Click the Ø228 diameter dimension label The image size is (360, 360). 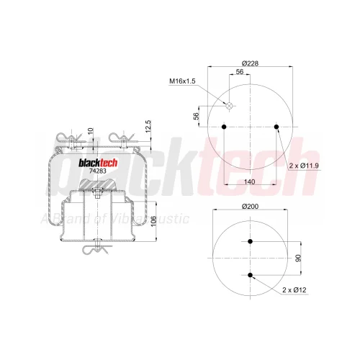pyautogui.click(x=250, y=63)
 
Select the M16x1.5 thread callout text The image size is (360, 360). pyautogui.click(x=182, y=81)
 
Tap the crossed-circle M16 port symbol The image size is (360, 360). pyautogui.click(x=229, y=105)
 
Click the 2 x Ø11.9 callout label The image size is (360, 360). pyautogui.click(x=304, y=166)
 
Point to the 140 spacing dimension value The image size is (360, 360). pyautogui.click(x=250, y=181)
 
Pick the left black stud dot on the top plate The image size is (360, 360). pyautogui.click(x=224, y=127)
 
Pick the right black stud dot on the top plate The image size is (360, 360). pyautogui.click(x=276, y=127)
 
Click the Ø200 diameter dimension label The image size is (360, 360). pyautogui.click(x=250, y=206)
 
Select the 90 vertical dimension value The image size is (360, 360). pyautogui.click(x=298, y=258)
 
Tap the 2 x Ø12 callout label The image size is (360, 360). pyautogui.click(x=294, y=290)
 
